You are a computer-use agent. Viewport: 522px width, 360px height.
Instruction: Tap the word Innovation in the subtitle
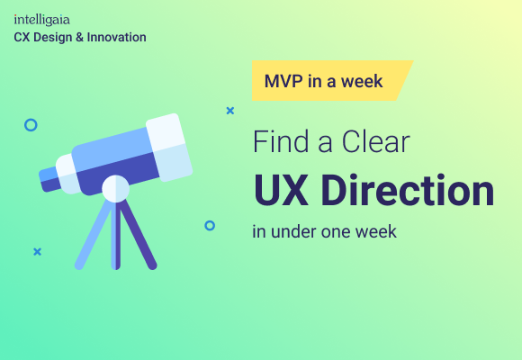pos(117,37)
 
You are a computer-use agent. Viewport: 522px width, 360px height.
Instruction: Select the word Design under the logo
pos(52,37)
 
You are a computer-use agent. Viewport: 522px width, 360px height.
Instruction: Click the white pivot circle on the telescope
pos(115,188)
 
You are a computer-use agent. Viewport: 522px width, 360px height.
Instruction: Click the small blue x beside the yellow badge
pos(230,111)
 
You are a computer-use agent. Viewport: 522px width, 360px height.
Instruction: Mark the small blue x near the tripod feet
pos(37,252)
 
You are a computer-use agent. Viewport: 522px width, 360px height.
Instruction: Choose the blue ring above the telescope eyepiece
pos(31,125)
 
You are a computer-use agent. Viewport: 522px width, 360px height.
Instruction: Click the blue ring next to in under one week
pos(210,225)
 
